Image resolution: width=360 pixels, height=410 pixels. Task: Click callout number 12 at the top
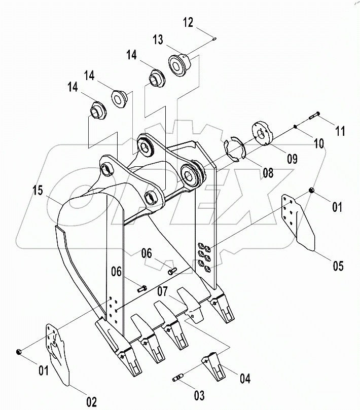(x=188, y=22)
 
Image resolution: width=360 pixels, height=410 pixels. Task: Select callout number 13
(x=158, y=40)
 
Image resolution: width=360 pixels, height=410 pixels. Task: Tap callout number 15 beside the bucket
(x=38, y=190)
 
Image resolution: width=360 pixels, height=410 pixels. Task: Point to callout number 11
(x=340, y=131)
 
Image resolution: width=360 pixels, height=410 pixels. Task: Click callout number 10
(x=318, y=143)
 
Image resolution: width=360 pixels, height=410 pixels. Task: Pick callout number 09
(x=292, y=159)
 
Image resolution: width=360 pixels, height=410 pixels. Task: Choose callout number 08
(x=268, y=173)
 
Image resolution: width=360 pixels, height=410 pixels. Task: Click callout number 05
(x=338, y=266)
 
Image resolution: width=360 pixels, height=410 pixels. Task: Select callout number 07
(x=162, y=291)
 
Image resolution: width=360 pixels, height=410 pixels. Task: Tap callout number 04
(x=245, y=379)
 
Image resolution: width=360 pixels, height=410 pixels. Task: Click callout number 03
(x=199, y=396)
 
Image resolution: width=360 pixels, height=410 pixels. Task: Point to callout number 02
(x=92, y=402)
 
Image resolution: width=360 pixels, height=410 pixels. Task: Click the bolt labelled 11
(x=314, y=115)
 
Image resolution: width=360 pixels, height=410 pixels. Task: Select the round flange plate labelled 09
(x=262, y=133)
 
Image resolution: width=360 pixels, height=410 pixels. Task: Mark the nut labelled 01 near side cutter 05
(x=311, y=191)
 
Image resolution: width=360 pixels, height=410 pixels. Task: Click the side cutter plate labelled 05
(x=298, y=222)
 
